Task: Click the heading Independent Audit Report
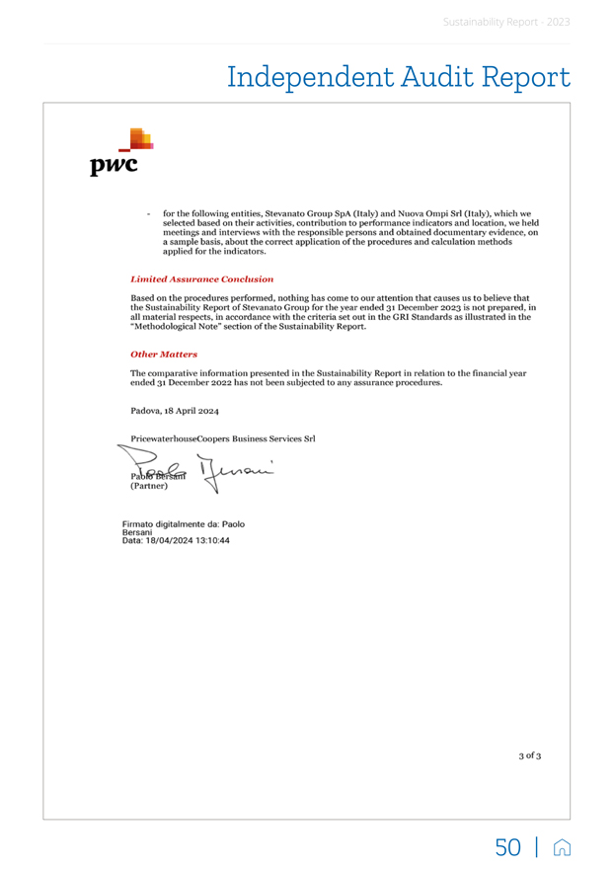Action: [x=399, y=77]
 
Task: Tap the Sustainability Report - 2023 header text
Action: [x=506, y=21]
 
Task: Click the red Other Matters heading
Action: [x=164, y=354]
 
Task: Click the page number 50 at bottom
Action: [x=507, y=846]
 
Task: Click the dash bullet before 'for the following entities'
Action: [x=147, y=212]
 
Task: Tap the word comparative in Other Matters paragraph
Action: [x=173, y=373]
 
